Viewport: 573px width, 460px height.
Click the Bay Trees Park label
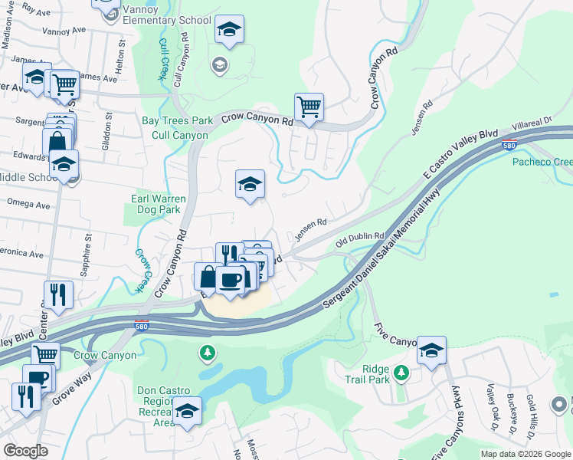177,120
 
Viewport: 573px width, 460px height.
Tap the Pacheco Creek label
542,163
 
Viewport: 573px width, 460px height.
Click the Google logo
25,450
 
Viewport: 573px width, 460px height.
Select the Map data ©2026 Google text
525,454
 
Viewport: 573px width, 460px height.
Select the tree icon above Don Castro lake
206,353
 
